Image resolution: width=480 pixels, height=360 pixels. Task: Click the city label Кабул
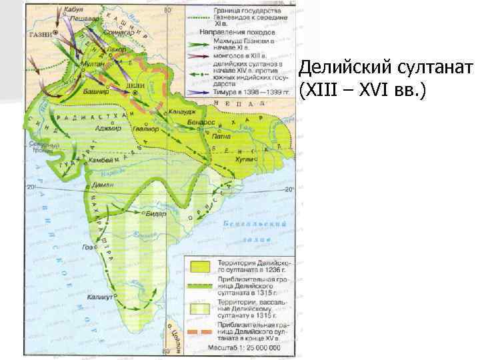click(x=71, y=11)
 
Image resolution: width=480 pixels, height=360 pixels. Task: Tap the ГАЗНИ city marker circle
click(x=56, y=32)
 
